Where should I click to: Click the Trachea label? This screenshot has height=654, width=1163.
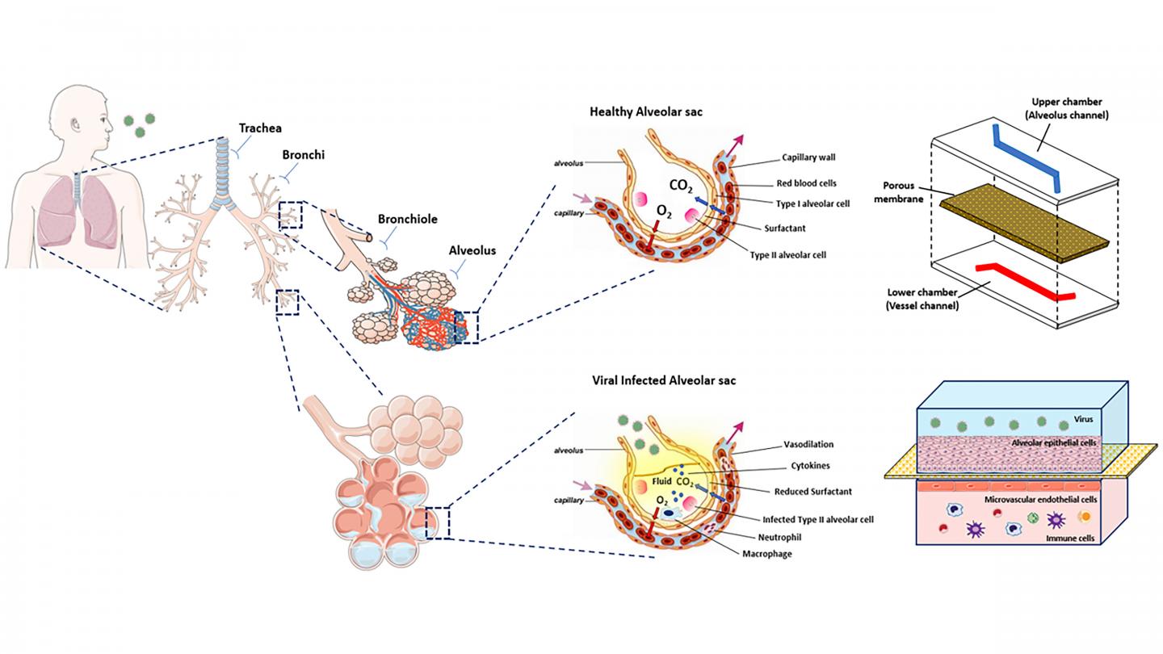(x=260, y=128)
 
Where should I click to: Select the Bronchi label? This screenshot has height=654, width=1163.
(x=303, y=154)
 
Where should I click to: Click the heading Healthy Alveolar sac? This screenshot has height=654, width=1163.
(x=647, y=112)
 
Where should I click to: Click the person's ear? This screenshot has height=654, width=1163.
(x=76, y=126)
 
